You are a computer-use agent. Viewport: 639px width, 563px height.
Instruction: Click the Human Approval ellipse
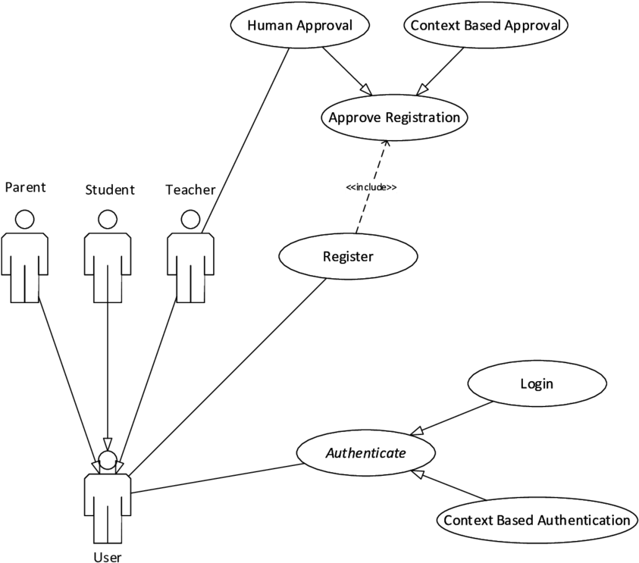[299, 26]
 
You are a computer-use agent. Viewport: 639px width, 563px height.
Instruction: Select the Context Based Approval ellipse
[485, 26]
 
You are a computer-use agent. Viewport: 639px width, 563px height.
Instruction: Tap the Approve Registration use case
[394, 117]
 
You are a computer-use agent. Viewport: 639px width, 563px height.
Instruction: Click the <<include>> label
[371, 187]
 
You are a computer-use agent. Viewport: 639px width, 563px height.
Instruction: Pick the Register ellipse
[348, 256]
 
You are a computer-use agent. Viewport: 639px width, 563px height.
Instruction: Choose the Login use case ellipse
[537, 383]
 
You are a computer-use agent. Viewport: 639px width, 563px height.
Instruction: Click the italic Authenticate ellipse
[366, 453]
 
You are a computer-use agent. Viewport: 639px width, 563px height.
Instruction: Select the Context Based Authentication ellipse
[537, 520]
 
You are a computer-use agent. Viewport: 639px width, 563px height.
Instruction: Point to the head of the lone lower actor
[108, 459]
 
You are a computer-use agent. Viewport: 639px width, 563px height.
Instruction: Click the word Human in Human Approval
[270, 26]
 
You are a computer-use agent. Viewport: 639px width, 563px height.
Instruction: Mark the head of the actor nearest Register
[190, 220]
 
